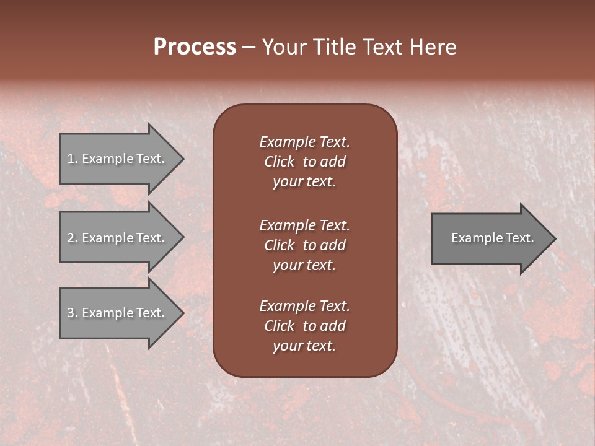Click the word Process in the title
tap(195, 47)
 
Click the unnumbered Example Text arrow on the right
tap(490, 238)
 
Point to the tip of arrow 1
tap(182, 159)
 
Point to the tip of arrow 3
tap(182, 313)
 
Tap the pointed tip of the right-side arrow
tap(554, 238)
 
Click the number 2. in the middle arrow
tap(73, 238)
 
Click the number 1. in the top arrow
tap(73, 159)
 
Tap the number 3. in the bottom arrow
tap(73, 313)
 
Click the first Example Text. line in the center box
tap(304, 142)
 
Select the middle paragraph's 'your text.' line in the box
tap(304, 265)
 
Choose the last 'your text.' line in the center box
tap(304, 346)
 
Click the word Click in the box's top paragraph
tap(279, 162)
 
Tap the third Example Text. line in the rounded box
tap(304, 306)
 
